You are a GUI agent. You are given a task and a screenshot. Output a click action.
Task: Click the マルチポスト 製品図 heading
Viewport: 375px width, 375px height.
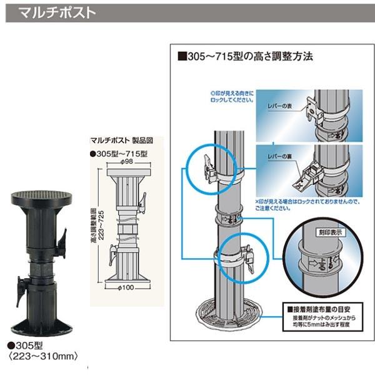119,141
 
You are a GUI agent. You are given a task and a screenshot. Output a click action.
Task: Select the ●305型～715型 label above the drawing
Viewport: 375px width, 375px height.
119,153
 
